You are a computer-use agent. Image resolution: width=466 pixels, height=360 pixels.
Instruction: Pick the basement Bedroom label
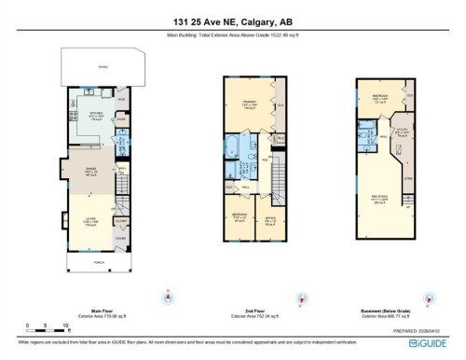tap(380, 98)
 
